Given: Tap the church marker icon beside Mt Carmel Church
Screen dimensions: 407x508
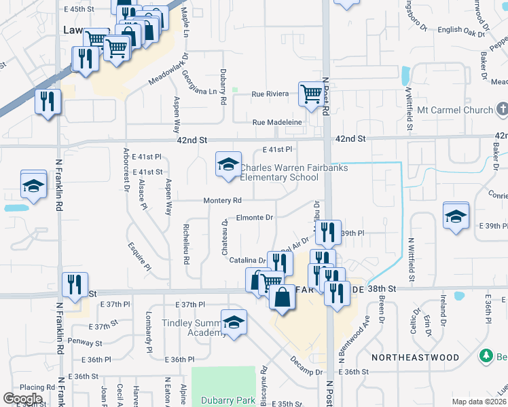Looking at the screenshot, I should [x=502, y=109].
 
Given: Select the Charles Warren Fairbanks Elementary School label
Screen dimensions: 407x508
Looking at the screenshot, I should [x=279, y=172].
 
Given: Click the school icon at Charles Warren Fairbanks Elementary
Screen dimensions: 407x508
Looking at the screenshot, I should [x=229, y=164].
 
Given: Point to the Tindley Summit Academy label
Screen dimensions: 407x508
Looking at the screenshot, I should [x=192, y=328].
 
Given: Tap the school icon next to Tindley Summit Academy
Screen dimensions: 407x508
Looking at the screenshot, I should [x=234, y=324].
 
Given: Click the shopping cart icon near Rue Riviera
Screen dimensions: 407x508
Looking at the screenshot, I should [x=311, y=94].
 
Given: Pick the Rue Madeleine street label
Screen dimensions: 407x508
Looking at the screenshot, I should [x=276, y=122].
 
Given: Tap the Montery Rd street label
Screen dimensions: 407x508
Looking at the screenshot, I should [x=223, y=201].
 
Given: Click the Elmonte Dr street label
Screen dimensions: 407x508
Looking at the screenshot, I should [x=254, y=218].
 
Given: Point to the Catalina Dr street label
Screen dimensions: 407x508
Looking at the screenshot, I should [x=247, y=260].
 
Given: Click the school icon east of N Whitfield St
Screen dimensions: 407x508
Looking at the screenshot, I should [x=456, y=216].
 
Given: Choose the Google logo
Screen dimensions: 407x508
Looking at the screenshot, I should [x=22, y=399].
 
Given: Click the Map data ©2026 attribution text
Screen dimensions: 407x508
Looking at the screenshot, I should [x=479, y=402].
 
